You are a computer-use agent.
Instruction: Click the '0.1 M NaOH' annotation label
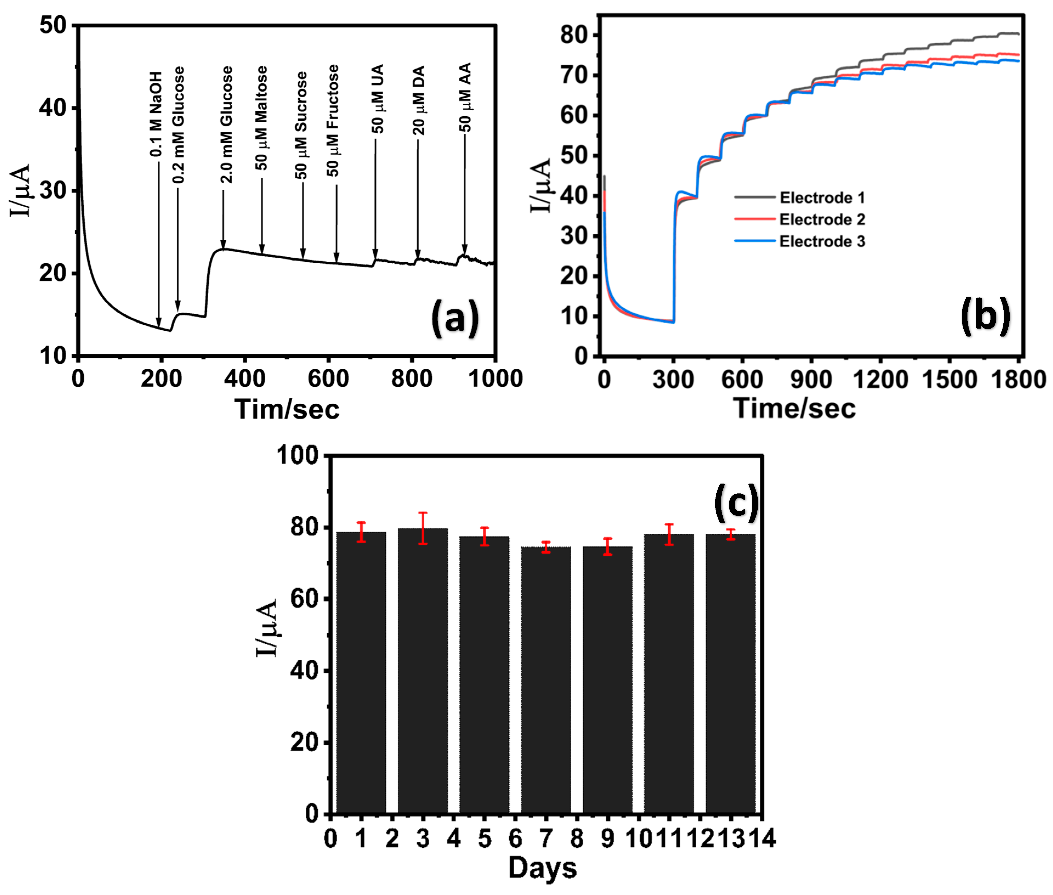click(156, 114)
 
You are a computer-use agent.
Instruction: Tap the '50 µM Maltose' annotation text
click(261, 118)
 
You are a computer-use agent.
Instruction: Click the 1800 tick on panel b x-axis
click(1018, 380)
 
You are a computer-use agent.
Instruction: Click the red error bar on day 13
click(731, 534)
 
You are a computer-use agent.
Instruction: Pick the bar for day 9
click(607, 680)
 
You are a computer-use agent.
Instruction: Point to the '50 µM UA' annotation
click(378, 99)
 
